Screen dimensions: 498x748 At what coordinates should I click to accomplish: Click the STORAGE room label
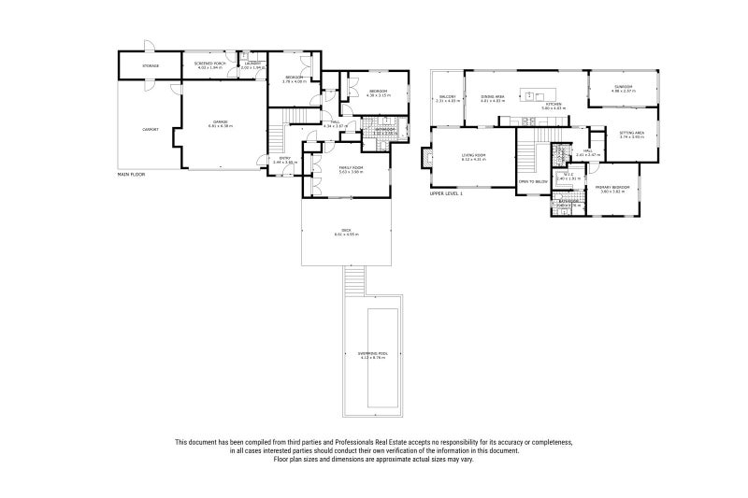tap(150, 66)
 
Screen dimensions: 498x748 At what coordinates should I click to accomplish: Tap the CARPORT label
tap(150, 129)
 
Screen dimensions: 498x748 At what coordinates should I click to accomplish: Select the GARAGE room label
tap(221, 122)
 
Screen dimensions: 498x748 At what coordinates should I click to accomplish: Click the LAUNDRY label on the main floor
tap(252, 64)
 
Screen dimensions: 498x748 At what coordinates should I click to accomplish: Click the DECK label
tap(346, 232)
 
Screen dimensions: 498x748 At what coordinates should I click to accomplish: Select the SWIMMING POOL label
tap(372, 353)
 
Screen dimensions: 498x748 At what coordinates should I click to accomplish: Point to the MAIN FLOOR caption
tap(131, 174)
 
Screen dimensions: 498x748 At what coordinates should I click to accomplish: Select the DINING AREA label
tap(493, 97)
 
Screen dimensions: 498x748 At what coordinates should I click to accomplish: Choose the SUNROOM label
tap(624, 88)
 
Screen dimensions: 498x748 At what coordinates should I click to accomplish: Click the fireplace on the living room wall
tap(426, 159)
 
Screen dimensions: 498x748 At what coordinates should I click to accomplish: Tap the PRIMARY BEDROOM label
tap(612, 189)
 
